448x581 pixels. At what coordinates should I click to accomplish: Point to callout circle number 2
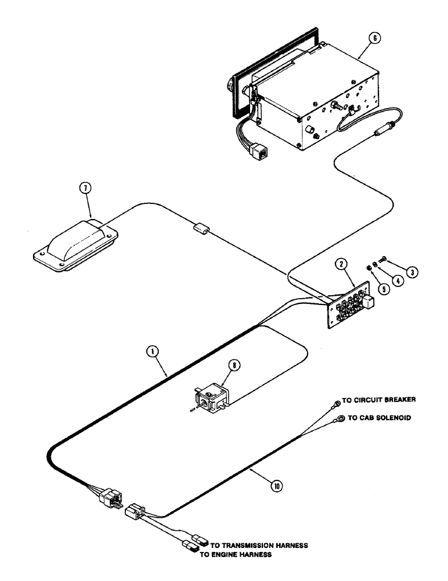point(341,264)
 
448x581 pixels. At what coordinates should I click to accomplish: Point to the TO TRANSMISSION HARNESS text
point(258,546)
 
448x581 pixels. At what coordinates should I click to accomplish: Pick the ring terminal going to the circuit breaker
point(336,407)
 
